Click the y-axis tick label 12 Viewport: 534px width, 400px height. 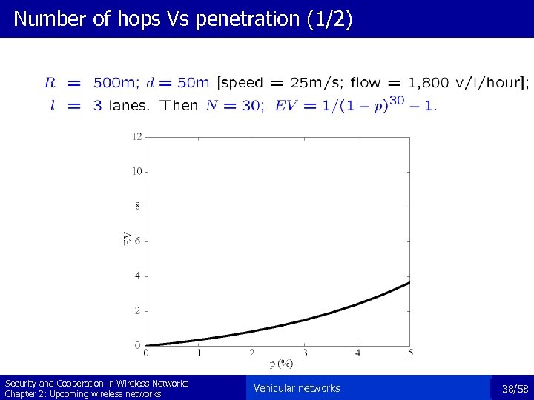pos(137,136)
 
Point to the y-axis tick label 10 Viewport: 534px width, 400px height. pos(137,171)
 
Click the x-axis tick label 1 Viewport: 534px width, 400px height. pos(199,353)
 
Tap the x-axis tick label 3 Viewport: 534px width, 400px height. pos(305,353)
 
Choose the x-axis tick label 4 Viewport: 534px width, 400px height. pos(357,353)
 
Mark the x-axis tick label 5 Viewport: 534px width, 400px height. pos(410,353)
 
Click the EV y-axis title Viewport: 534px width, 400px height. pos(128,238)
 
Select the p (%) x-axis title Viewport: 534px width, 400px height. pos(281,364)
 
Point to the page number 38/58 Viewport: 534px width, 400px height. pos(515,389)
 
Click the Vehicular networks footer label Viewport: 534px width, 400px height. pos(297,388)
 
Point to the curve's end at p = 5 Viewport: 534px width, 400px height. pos(409,282)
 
